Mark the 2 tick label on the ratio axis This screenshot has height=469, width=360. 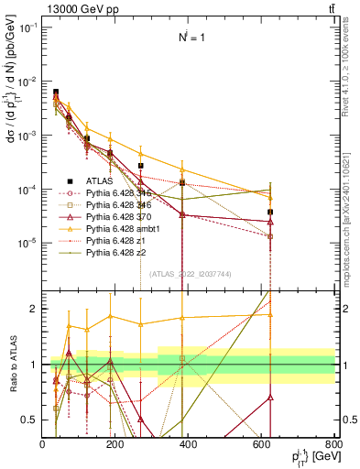point(35,310)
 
